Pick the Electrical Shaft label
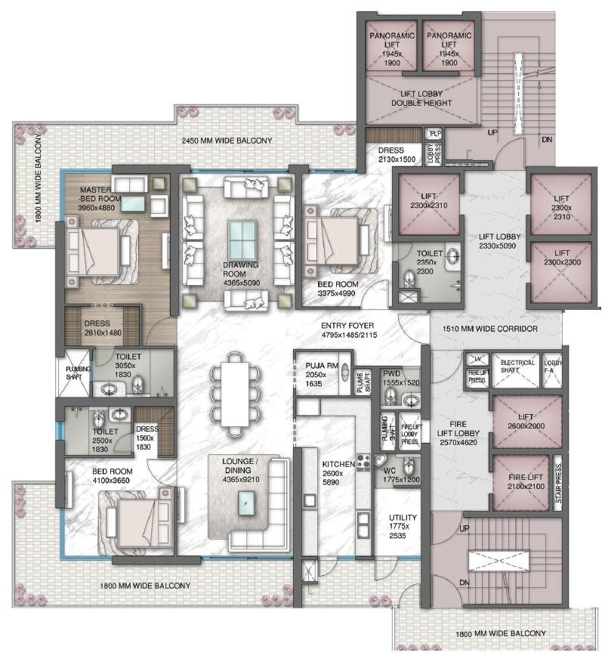pos(517,366)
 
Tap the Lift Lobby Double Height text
pos(421,98)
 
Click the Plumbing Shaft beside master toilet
pos(73,373)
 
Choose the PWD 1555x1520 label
pos(401,378)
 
